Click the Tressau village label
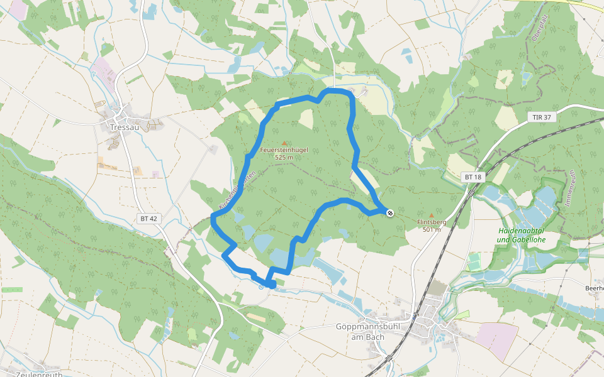123,126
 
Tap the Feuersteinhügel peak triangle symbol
284,143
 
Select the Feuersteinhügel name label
284,151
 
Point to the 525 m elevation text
284,158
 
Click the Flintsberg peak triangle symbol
431,214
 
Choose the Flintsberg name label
431,222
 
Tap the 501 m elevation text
431,229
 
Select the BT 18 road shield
473,177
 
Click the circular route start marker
261,287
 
